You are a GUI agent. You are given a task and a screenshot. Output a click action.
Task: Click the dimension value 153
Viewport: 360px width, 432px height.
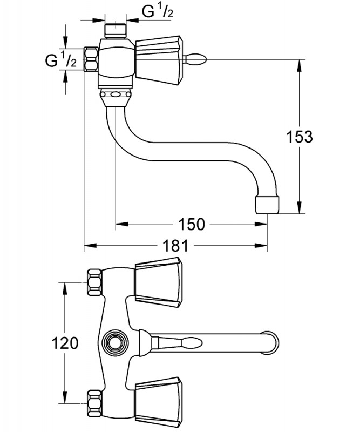pos(300,137)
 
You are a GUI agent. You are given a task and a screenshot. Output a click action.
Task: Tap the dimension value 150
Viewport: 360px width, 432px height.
pos(192,224)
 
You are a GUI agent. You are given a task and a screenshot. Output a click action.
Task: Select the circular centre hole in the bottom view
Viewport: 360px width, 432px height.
pos(113,342)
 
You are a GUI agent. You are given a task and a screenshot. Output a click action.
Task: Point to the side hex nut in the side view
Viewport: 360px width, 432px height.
pos(91,59)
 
